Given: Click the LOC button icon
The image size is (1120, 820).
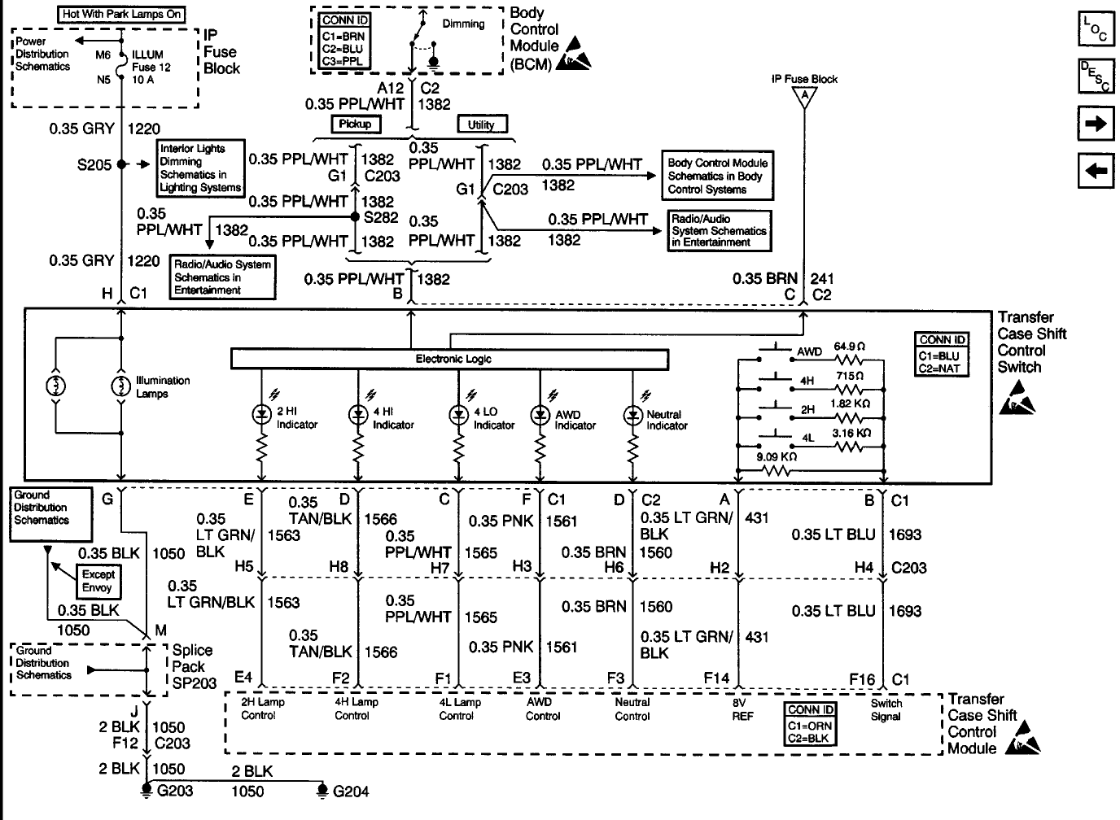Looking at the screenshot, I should (1095, 31).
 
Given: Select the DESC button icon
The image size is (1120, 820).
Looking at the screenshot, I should (1095, 76).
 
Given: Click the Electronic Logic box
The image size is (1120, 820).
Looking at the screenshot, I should (449, 359).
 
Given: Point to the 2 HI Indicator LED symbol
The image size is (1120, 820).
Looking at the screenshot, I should (261, 415).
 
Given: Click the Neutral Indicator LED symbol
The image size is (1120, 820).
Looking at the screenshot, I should (632, 416).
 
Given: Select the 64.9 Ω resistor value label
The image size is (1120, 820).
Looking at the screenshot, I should (849, 347).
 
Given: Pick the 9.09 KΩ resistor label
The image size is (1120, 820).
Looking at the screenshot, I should (776, 457).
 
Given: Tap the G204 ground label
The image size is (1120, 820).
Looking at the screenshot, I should (351, 791).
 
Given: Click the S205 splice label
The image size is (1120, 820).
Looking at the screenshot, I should (94, 165).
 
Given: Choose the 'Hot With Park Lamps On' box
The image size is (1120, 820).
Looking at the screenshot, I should (122, 14).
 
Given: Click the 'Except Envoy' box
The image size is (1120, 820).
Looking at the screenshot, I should (98, 581).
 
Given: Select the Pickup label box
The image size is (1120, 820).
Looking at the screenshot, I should (355, 124).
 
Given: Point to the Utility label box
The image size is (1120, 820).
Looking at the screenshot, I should (481, 124).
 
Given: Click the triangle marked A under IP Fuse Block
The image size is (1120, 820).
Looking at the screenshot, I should (805, 96).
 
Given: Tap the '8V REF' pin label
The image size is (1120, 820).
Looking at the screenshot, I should (742, 709).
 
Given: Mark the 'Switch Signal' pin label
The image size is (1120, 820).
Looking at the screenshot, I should (886, 709).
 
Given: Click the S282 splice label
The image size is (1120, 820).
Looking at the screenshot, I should (381, 217).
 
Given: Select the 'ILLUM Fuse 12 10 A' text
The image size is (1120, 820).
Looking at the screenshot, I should (151, 67).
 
